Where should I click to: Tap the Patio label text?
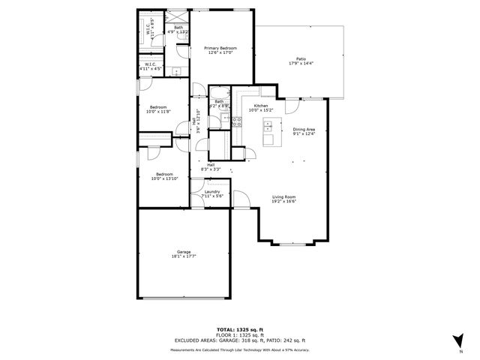click(x=300, y=61)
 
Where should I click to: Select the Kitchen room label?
click(x=261, y=109)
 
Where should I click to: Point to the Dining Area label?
click(x=304, y=131)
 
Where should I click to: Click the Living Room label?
click(x=284, y=199)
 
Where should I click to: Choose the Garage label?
click(x=184, y=253)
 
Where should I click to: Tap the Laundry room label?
click(x=212, y=193)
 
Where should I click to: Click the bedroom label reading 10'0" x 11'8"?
click(x=158, y=109)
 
